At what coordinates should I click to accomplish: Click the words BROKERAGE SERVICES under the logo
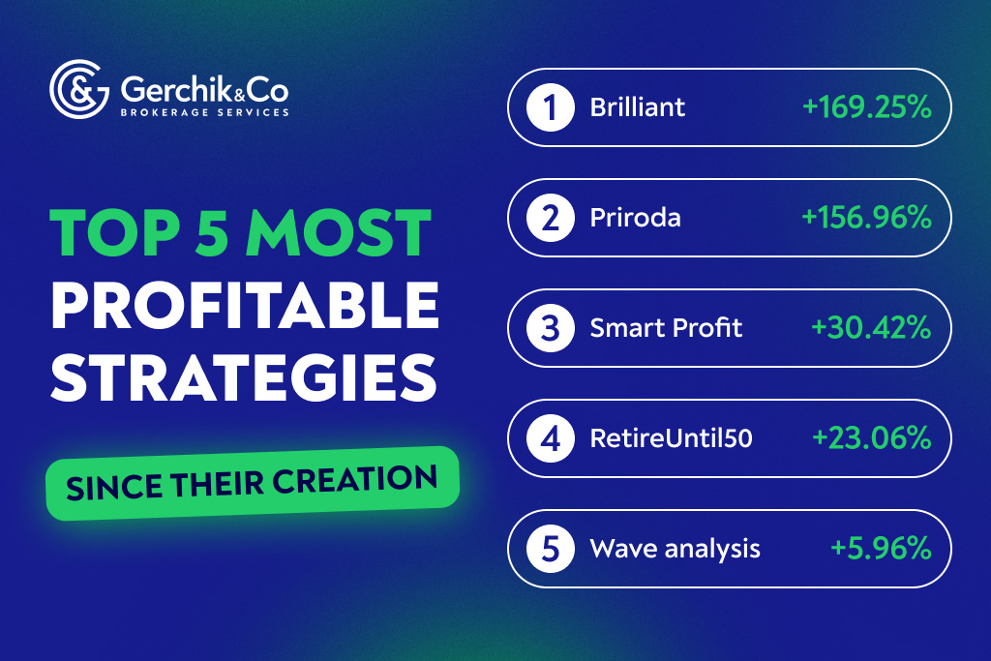pos(204,113)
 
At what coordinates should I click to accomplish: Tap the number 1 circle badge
pos(551,107)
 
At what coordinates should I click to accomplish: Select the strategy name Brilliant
pos(638,107)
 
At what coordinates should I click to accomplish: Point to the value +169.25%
pos(866,107)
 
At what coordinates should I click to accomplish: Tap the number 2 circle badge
pos(551,218)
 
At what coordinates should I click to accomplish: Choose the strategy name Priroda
pos(635,218)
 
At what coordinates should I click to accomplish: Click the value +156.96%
pos(866,218)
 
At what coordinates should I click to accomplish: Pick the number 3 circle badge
pos(551,328)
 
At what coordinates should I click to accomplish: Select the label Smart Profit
pos(666,328)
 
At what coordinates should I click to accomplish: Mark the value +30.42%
pos(871,328)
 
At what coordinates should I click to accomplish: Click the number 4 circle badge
pos(551,438)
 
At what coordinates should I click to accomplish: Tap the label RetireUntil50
pos(671,439)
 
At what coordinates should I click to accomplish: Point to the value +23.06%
pos(871,438)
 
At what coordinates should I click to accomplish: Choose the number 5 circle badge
pos(551,549)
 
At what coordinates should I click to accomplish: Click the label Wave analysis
pos(675,550)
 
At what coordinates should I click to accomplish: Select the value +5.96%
pos(881,549)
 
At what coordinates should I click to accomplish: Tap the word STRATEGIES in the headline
pos(243,378)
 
